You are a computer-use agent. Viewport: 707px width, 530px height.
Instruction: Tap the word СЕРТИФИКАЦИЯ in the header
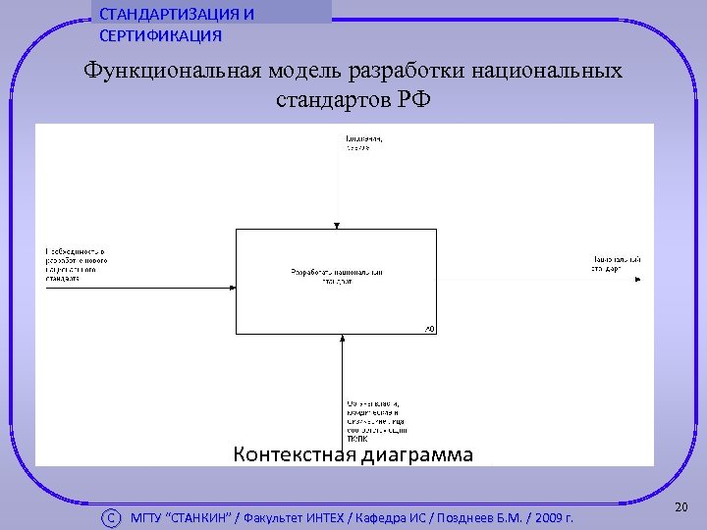[160, 36]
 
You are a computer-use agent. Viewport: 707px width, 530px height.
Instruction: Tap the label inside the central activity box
[336, 276]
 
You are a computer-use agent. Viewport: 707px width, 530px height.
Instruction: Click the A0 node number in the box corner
[429, 328]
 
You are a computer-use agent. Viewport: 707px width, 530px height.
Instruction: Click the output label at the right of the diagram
[615, 262]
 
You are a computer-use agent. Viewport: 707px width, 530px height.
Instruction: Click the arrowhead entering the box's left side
[233, 288]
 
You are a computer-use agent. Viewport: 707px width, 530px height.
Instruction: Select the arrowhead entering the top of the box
[337, 225]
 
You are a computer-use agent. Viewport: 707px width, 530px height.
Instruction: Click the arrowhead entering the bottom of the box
[342, 339]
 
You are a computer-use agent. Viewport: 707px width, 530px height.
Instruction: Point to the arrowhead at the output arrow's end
[640, 280]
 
